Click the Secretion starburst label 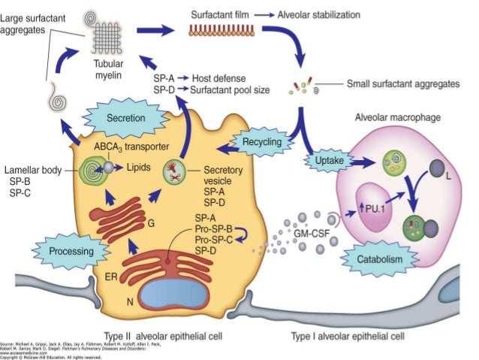click(x=125, y=119)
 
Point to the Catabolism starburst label click(x=380, y=259)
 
